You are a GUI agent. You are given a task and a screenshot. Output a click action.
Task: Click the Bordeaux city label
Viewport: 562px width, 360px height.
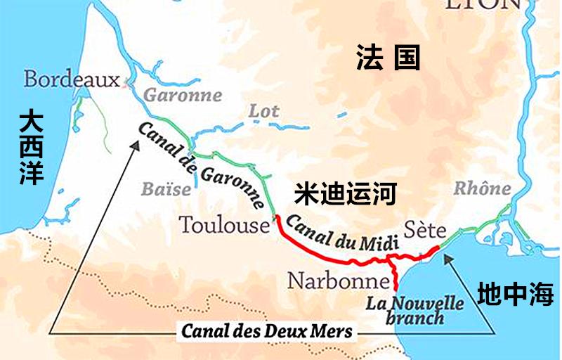(72, 79)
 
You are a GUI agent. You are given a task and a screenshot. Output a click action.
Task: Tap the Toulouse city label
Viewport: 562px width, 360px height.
(224, 225)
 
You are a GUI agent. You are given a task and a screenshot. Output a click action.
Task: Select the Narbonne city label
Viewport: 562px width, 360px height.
(338, 281)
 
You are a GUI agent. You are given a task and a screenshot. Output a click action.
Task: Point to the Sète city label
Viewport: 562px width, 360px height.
(424, 230)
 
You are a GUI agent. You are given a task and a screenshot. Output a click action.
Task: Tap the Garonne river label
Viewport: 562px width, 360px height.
(183, 95)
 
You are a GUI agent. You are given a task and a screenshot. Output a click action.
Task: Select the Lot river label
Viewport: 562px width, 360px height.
(263, 110)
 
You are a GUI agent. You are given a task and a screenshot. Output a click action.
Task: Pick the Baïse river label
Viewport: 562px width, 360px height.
(166, 188)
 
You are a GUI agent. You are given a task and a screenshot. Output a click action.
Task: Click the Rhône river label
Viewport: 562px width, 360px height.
(482, 188)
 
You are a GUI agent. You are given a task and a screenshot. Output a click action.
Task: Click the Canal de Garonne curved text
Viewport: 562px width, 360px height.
(200, 165)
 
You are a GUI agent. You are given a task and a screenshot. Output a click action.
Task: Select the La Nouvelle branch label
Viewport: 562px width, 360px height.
(415, 310)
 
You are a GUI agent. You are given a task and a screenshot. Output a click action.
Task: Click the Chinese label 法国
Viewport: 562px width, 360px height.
(387, 58)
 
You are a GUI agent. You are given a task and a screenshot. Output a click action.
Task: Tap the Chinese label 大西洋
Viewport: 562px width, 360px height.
(32, 146)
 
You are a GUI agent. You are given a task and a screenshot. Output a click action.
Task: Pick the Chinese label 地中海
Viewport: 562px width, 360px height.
(515, 295)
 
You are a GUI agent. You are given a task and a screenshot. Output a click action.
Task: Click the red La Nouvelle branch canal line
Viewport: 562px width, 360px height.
(394, 276)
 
